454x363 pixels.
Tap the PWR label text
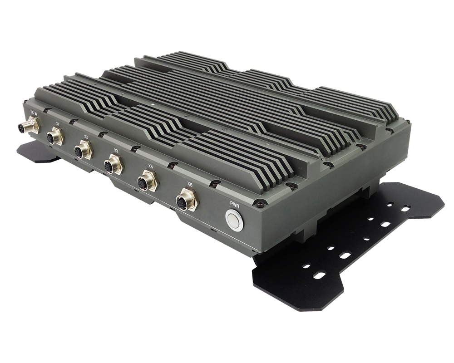[x=235, y=203]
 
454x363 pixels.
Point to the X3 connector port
[x=113, y=164]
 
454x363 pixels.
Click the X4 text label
[x=150, y=166]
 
